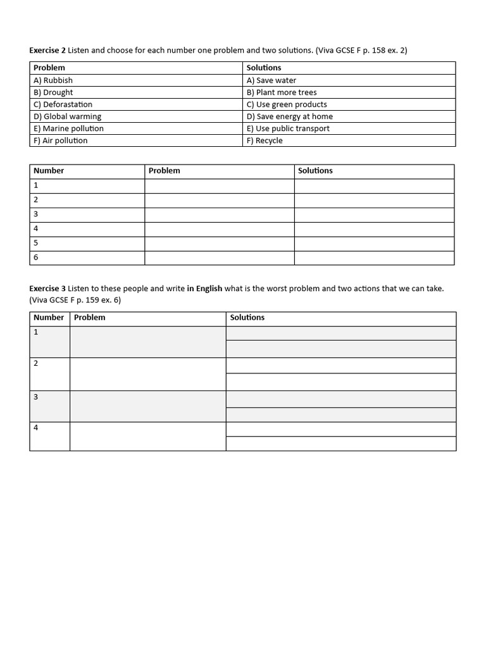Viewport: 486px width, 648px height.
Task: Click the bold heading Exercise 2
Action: (x=47, y=50)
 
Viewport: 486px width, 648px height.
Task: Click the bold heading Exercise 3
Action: (x=47, y=289)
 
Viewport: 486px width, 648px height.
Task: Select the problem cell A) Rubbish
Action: (x=53, y=80)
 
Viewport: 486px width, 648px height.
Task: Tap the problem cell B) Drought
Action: (x=53, y=92)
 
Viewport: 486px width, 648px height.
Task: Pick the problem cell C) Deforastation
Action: (x=63, y=104)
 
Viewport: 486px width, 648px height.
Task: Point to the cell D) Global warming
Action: (x=67, y=116)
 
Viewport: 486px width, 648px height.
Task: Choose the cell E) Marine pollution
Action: (x=68, y=128)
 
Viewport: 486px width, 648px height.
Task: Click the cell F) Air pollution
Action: (x=61, y=140)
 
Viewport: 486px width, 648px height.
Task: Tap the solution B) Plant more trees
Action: (x=282, y=92)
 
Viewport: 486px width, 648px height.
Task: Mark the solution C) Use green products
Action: (x=287, y=104)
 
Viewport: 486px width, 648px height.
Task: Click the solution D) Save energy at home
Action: (x=289, y=116)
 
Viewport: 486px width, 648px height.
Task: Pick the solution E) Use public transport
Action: (x=288, y=128)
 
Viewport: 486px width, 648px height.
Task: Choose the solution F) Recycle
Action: (x=265, y=140)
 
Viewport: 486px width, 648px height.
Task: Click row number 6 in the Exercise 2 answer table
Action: (x=36, y=258)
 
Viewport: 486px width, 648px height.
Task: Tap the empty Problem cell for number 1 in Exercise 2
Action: (x=219, y=185)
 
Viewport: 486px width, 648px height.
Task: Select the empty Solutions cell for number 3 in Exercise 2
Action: (x=374, y=215)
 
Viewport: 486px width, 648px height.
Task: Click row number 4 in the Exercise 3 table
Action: (x=36, y=428)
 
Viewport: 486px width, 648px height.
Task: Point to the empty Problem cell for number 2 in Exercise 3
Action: (x=147, y=374)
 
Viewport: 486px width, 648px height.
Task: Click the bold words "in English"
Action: (x=204, y=289)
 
